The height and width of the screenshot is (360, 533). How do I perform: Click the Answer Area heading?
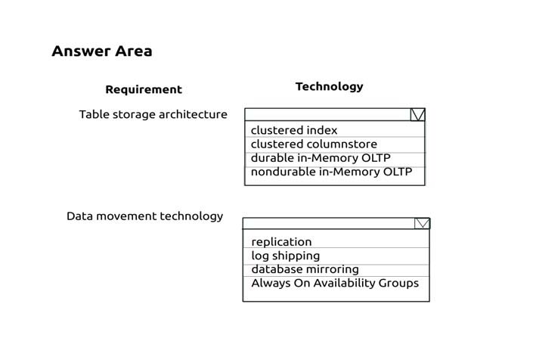click(102, 51)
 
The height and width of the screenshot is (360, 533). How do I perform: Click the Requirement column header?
click(144, 89)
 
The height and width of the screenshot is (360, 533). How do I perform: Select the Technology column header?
click(329, 87)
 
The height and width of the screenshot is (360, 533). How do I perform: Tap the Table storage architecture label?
click(153, 114)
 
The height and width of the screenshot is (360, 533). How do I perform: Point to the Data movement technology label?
click(145, 216)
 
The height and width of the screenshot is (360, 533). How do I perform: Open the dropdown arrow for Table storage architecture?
click(417, 115)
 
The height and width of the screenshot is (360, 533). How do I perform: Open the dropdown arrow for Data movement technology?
click(422, 223)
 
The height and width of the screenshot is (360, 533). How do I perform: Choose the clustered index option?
click(294, 130)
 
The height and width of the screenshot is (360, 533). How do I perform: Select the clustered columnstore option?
click(314, 144)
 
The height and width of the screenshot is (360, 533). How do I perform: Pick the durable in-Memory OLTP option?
click(321, 158)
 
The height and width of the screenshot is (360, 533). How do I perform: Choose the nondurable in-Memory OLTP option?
click(331, 172)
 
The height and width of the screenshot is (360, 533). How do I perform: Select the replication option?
click(281, 242)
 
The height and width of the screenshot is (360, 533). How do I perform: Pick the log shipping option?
click(286, 256)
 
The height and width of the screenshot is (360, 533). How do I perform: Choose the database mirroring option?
click(305, 269)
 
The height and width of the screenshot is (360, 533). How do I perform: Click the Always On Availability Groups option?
click(335, 283)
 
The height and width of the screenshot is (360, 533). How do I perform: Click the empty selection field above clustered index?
click(327, 115)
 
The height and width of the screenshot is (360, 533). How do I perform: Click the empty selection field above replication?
click(329, 223)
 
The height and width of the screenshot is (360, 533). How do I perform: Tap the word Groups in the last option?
click(398, 283)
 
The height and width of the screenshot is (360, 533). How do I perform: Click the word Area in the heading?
click(134, 51)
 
